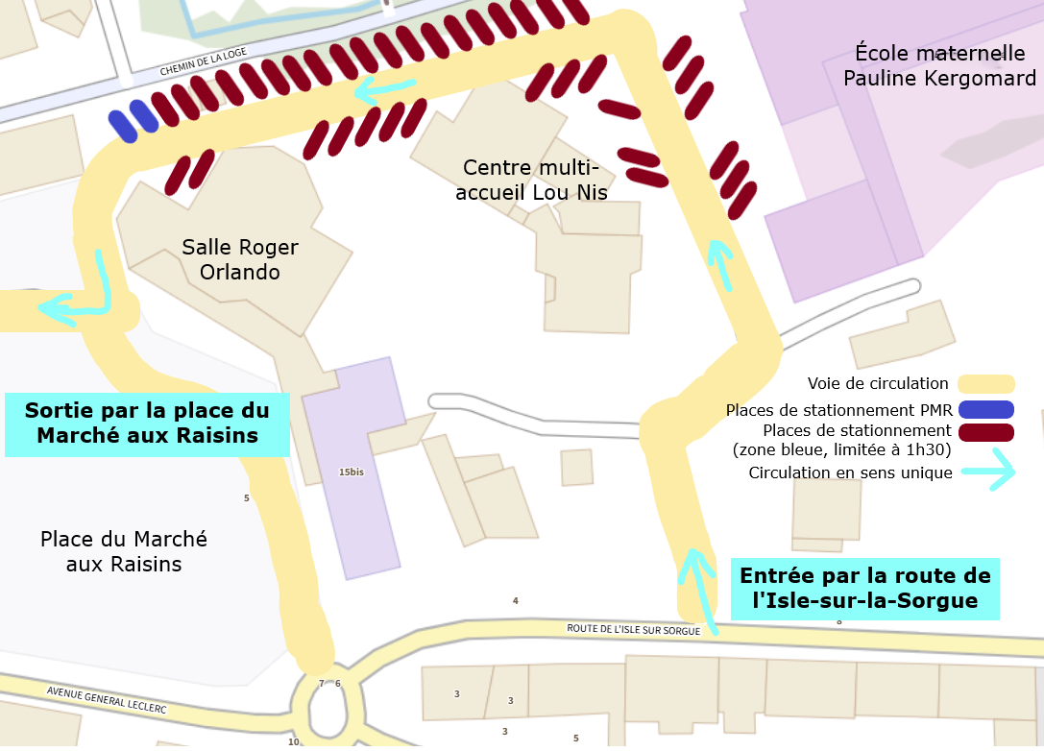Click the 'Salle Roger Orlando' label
[240, 260]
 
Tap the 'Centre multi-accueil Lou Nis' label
[535, 180]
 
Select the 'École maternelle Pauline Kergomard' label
[939, 64]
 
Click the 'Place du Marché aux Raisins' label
[124, 551]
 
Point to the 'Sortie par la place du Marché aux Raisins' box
[146, 424]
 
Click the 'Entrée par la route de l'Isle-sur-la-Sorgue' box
[864, 588]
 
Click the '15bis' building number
[352, 472]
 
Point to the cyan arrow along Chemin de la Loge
[386, 91]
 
